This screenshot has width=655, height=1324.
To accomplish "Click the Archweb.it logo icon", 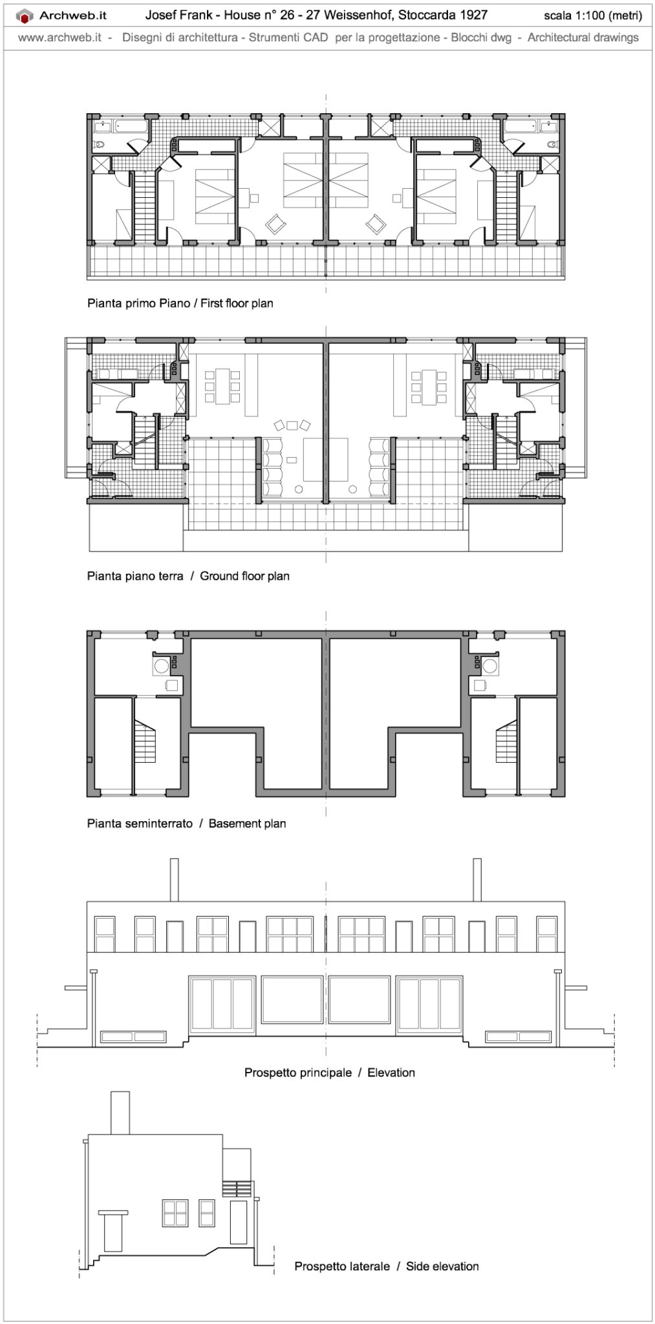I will (25, 16).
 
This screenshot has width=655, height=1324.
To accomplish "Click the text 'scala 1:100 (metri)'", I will (592, 16).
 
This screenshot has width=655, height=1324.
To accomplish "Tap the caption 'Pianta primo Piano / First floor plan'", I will (180, 303).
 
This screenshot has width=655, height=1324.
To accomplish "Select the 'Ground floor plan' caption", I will (244, 576).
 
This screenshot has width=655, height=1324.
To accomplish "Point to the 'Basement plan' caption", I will (247, 824).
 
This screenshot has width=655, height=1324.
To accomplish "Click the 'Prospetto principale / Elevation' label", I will (329, 1073).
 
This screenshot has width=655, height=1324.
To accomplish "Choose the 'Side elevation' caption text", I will (442, 1266).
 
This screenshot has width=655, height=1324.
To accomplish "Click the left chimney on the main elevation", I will (174, 879).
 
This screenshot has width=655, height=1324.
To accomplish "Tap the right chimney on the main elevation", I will (477, 879).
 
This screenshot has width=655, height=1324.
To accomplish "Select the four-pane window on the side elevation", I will (175, 1213).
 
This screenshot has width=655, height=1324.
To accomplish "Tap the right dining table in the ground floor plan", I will (429, 386).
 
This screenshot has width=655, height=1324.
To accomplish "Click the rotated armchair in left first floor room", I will (277, 224).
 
